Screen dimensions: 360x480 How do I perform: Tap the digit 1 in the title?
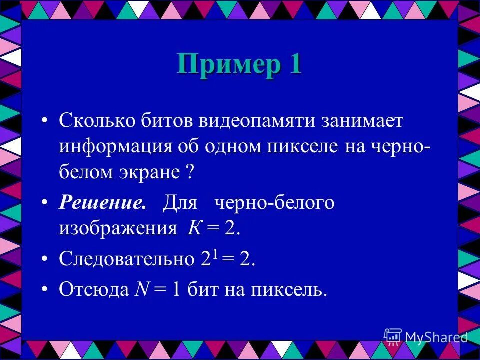(x=293, y=64)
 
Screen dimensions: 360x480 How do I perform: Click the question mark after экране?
(x=189, y=173)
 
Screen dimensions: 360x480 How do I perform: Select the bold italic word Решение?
(x=103, y=203)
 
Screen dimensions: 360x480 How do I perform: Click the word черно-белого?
(x=274, y=203)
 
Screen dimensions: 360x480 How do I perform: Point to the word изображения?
(x=118, y=228)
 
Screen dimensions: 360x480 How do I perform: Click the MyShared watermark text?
(x=436, y=337)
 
